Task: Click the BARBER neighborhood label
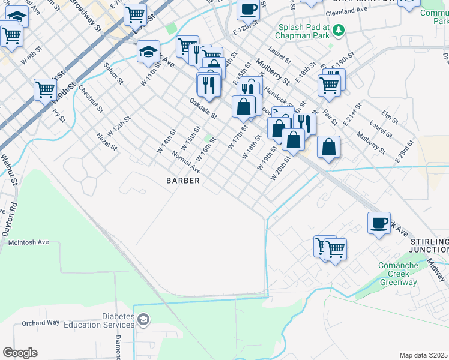click(x=182, y=180)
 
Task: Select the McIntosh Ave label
click(x=28, y=242)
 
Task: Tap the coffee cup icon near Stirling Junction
click(x=379, y=223)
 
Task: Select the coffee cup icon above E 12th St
click(x=248, y=8)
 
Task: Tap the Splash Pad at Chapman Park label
click(x=304, y=32)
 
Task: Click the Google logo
click(x=20, y=352)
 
